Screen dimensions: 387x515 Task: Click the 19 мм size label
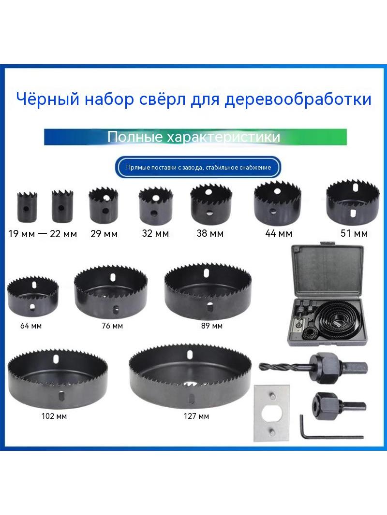point(21,234)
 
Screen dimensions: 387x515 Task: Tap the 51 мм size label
point(354,233)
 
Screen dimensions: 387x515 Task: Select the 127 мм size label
point(196,416)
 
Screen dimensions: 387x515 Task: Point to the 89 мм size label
point(212,326)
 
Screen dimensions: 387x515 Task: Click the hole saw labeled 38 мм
point(211,204)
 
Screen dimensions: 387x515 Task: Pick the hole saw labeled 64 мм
point(33,296)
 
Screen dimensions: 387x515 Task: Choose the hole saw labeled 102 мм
point(58,378)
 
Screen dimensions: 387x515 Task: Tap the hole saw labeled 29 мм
point(103,205)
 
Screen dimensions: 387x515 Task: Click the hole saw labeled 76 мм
point(111,292)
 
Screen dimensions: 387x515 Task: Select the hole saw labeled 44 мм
point(277,203)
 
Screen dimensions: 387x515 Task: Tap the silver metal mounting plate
point(271,413)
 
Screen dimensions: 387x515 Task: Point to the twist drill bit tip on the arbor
point(260,366)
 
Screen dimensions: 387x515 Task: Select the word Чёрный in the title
point(48,99)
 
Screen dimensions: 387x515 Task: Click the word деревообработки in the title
point(298,100)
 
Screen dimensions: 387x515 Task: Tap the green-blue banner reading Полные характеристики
point(195,137)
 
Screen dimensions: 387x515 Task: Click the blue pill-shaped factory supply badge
point(198,168)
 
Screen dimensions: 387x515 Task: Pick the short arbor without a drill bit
point(338,406)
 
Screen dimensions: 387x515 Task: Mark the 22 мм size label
point(63,234)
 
